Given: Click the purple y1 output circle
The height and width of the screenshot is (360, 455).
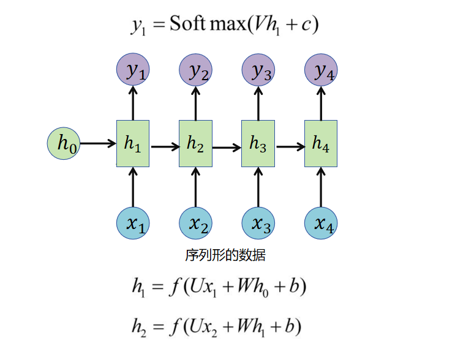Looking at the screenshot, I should [133, 71].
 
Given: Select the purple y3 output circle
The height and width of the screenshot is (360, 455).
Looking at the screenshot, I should [258, 71].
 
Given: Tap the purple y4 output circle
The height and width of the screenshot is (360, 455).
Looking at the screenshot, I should [321, 71].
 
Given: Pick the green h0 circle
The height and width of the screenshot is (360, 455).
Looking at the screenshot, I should [64, 144].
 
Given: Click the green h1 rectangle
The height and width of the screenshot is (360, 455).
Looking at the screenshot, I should [133, 144].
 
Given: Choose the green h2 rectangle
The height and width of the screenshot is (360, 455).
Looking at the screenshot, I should [195, 144].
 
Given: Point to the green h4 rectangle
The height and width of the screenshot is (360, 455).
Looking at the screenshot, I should [321, 144].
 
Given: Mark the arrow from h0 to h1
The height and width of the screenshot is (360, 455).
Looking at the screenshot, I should [98, 144].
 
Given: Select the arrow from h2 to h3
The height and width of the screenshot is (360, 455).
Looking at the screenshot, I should [227, 147].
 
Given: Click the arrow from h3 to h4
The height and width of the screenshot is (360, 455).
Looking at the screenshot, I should [290, 147].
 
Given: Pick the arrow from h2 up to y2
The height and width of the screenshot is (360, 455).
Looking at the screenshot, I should [195, 104].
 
